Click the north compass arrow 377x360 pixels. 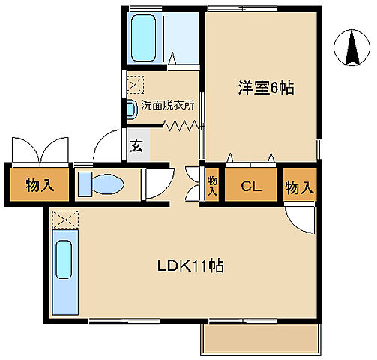351,47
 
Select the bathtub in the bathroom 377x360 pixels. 144,37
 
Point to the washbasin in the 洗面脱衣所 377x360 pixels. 131,109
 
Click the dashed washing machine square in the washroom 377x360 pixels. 135,82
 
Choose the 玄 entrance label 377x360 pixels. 138,146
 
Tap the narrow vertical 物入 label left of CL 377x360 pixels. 212,185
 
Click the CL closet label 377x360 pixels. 250,186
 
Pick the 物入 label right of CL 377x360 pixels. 300,186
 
